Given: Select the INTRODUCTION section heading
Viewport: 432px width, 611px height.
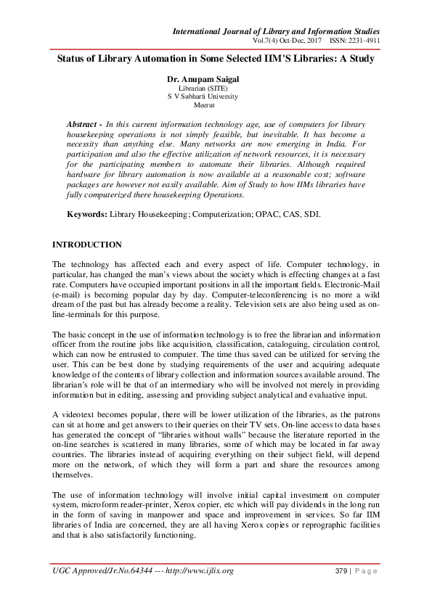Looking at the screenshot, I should pyautogui.click(x=88, y=245).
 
